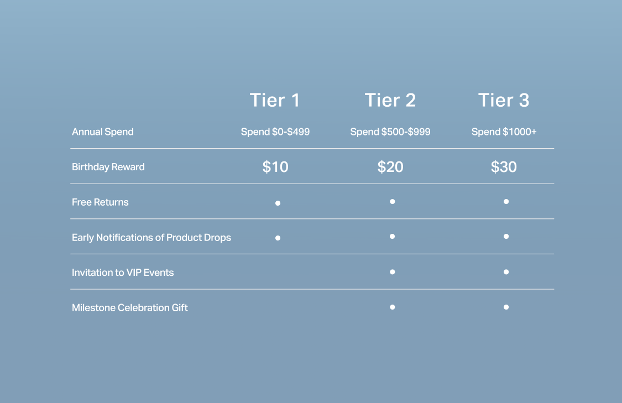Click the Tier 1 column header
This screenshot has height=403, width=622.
pyautogui.click(x=274, y=100)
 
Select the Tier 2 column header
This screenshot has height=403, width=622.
pyautogui.click(x=390, y=100)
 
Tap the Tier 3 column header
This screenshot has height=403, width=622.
pyautogui.click(x=504, y=100)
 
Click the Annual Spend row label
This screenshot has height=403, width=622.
pyautogui.click(x=103, y=132)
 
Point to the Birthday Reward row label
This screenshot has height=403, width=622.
pyautogui.click(x=108, y=167)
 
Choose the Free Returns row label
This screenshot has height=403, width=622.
pyautogui.click(x=101, y=202)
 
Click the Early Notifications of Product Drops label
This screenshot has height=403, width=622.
pyautogui.click(x=151, y=238)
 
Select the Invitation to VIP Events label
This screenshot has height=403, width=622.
pyautogui.click(x=123, y=273)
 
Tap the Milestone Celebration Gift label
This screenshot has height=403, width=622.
pyautogui.click(x=130, y=308)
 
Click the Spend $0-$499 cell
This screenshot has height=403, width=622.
pyautogui.click(x=275, y=132)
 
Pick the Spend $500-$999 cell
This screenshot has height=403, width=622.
pyautogui.click(x=390, y=132)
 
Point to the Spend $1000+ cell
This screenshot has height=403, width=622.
pyautogui.click(x=504, y=132)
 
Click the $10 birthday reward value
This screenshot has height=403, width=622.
pyautogui.click(x=275, y=167)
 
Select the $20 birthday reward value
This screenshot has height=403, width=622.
pyautogui.click(x=390, y=167)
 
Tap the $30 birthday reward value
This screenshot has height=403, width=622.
pyautogui.click(x=504, y=167)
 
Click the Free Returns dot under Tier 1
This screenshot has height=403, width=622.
pyautogui.click(x=278, y=203)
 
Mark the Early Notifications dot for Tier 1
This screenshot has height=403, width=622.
pyautogui.click(x=278, y=238)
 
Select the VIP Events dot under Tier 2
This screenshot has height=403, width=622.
pyautogui.click(x=393, y=272)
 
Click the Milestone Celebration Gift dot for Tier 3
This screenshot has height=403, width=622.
pyautogui.click(x=506, y=307)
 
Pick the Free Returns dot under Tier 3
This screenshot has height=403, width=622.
pyautogui.click(x=506, y=201)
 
